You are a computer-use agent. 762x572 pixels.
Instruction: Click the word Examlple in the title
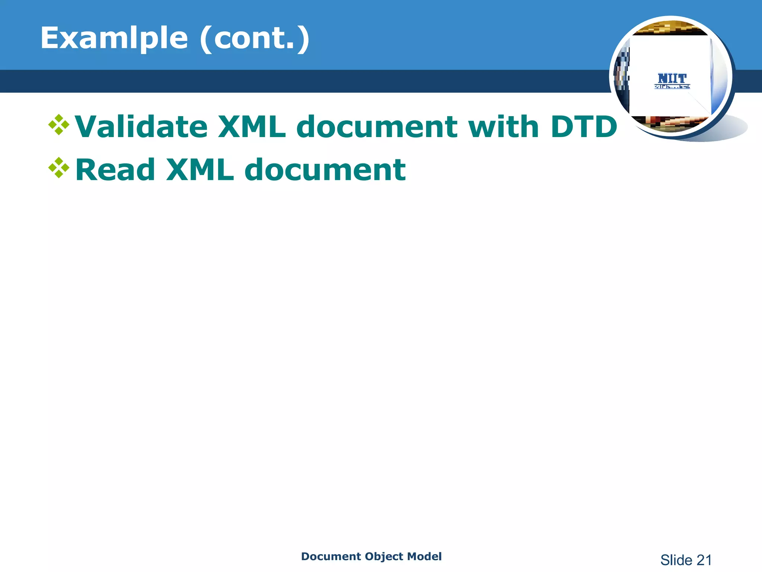(114, 39)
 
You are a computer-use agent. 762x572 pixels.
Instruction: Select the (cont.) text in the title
(254, 39)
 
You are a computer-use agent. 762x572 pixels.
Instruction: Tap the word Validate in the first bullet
(141, 127)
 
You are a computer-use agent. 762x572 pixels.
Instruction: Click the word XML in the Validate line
(252, 127)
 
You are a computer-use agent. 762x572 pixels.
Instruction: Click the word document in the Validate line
(377, 127)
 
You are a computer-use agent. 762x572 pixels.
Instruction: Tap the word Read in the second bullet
(115, 170)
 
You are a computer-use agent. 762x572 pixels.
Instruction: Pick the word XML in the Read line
(200, 170)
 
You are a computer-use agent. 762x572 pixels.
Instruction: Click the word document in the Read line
(325, 170)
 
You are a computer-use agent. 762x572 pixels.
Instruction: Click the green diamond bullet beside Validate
(59, 125)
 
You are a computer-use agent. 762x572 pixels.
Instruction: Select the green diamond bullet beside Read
(59, 168)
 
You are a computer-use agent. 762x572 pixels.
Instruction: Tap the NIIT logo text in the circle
(672, 79)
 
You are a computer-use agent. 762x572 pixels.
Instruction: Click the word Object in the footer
(384, 556)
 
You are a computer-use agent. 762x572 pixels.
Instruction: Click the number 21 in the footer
(704, 560)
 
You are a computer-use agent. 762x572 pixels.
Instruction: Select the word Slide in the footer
(676, 560)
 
